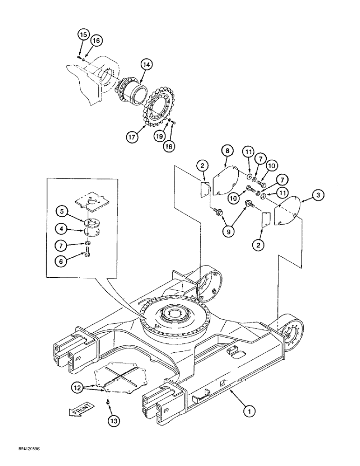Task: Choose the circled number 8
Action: click(226, 151)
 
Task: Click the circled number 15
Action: click(83, 35)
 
